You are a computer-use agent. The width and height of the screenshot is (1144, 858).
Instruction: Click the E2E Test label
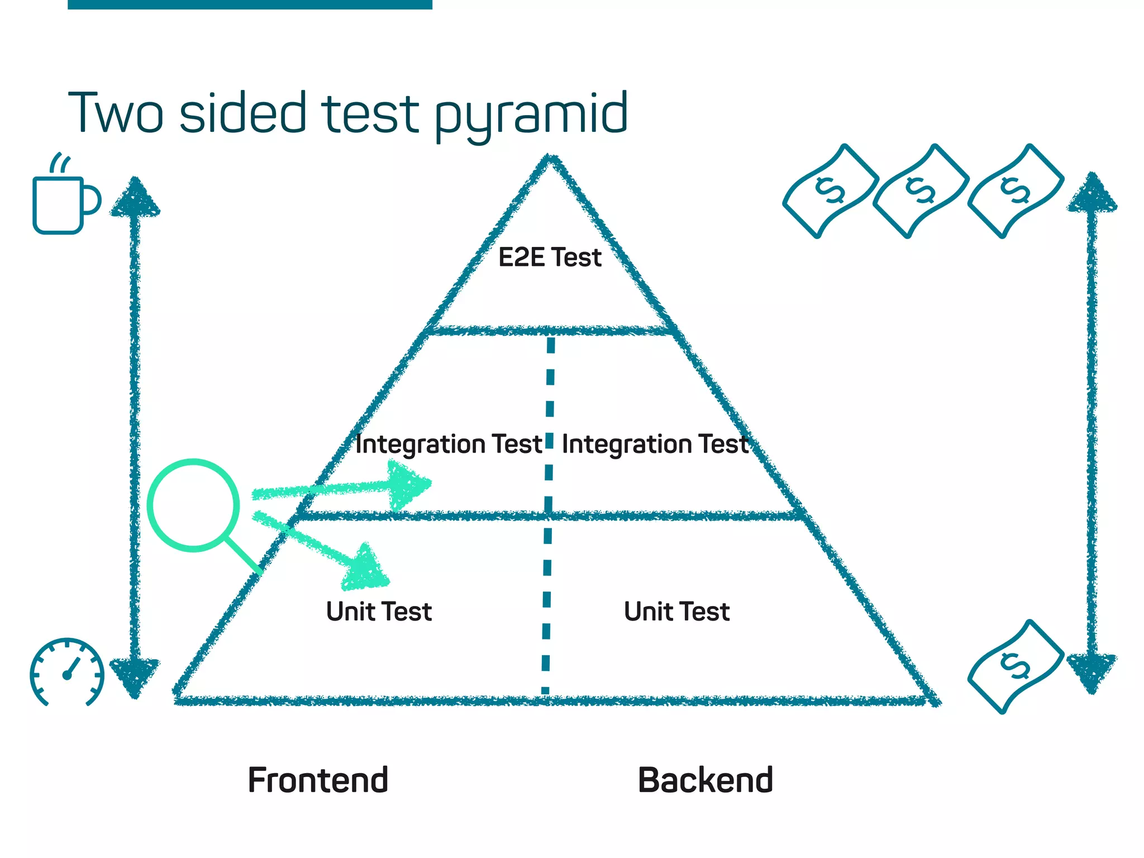550,258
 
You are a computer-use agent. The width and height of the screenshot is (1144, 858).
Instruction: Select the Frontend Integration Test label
449,445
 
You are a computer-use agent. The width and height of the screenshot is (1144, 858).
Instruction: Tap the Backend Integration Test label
655,445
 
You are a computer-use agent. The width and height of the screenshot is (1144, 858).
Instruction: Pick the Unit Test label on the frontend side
379,611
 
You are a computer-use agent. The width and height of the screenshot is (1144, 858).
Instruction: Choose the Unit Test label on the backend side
676,611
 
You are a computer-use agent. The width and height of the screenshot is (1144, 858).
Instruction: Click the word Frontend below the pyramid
318,780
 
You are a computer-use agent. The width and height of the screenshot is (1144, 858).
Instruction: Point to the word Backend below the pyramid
705,780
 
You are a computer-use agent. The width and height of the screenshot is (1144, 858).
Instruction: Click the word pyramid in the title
531,115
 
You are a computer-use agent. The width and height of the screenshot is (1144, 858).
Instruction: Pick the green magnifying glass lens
193,506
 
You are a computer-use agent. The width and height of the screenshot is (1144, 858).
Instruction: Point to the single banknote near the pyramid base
1015,666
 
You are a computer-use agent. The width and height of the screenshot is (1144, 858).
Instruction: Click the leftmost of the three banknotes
831,191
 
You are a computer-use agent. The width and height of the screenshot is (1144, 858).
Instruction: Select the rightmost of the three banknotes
1015,191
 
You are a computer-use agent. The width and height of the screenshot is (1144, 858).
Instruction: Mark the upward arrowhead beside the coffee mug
135,199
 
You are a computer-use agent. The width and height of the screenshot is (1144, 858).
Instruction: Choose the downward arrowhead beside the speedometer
134,675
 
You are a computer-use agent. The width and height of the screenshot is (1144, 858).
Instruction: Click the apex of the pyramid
550,159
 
